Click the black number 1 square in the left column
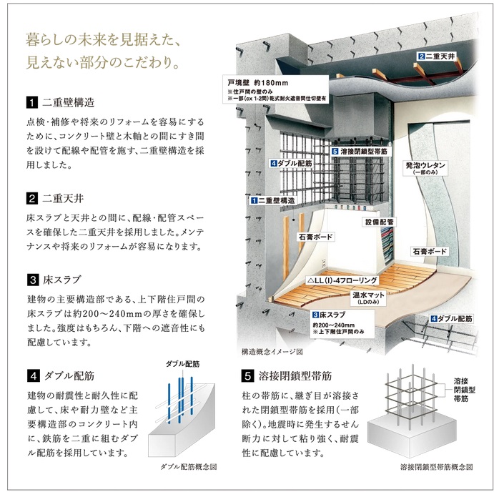pos(32,102)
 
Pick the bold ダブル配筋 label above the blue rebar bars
pos(182,364)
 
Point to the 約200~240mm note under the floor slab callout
pos(332,325)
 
